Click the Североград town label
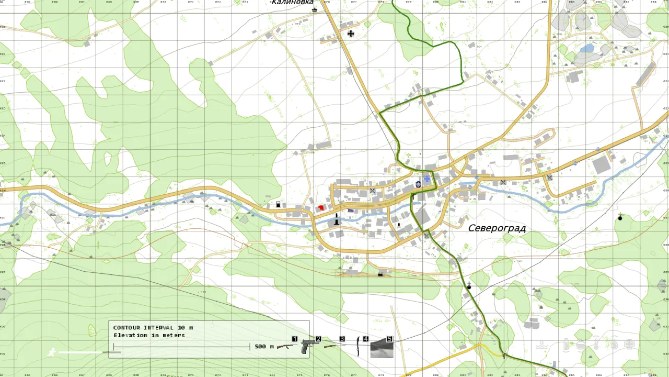click(497, 228)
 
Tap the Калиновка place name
click(292, 3)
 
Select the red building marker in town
click(321, 208)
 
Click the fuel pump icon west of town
click(278, 205)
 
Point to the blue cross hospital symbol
click(427, 179)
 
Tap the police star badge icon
click(418, 184)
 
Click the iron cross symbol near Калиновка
click(351, 34)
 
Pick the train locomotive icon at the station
click(380, 273)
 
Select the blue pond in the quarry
click(587, 49)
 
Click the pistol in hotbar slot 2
click(309, 346)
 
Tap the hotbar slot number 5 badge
click(389, 339)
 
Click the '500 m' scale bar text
click(264, 347)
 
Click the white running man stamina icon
click(52, 352)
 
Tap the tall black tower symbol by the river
click(337, 219)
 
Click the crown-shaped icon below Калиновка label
click(314, 10)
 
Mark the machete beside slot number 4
click(359, 347)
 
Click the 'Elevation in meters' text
click(149, 336)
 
